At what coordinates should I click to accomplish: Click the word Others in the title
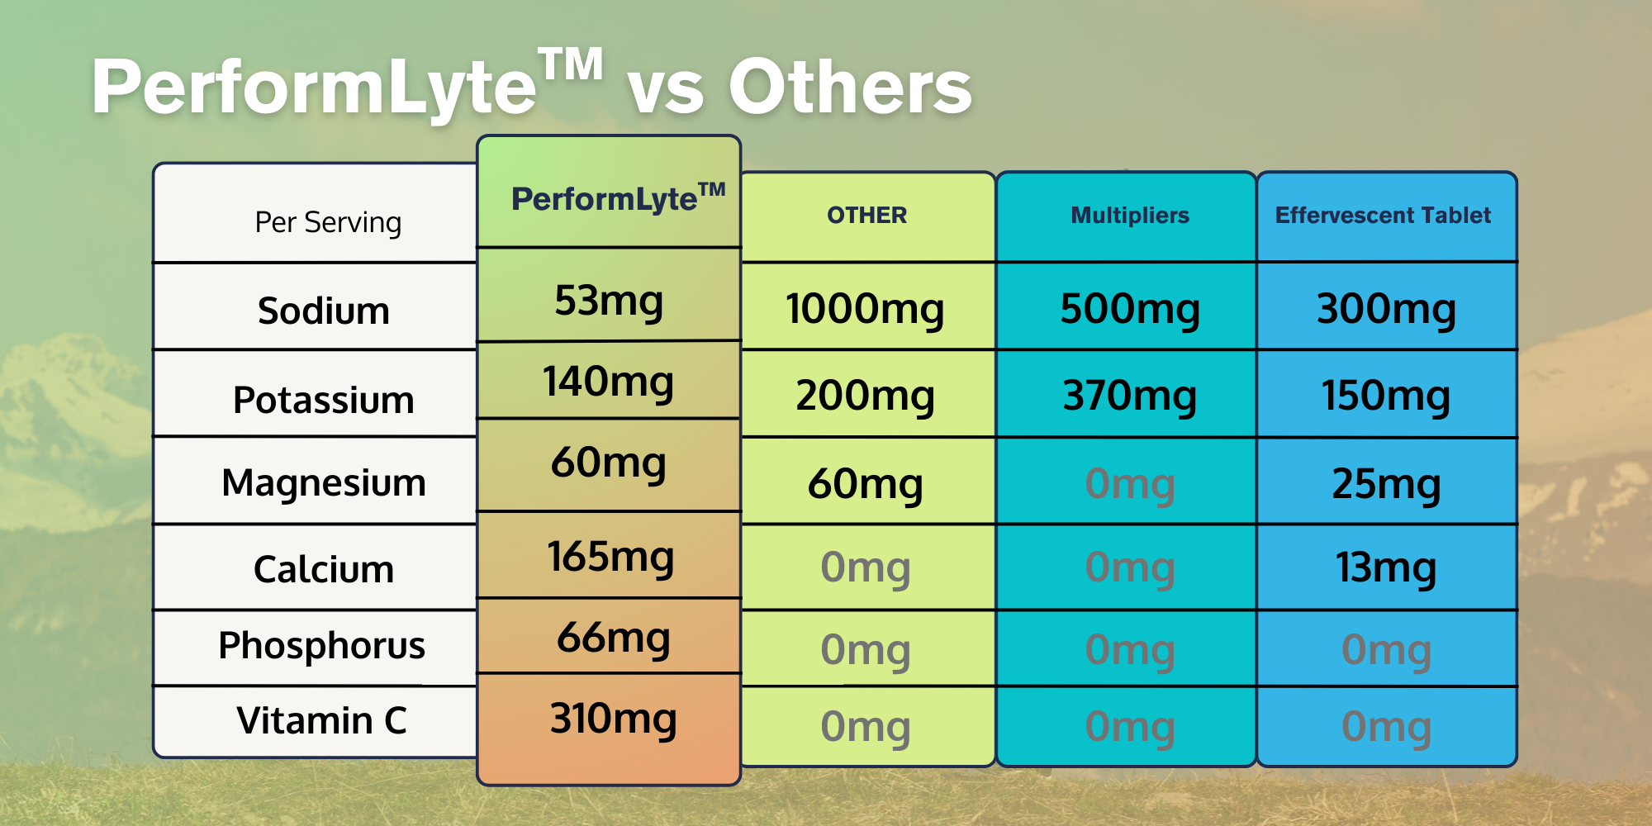pos(850,88)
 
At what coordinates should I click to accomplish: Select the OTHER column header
pos(867,216)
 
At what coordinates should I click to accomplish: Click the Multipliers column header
pos(1130,216)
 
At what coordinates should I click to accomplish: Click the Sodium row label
pos(324,311)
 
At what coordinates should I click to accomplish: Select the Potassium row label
pos(324,401)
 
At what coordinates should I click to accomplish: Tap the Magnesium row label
pos(324,483)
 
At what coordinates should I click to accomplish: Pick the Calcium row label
pos(324,570)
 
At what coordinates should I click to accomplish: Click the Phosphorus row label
pos(322,646)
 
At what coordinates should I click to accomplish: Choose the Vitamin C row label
pos(322,720)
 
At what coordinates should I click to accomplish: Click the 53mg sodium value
pos(609,301)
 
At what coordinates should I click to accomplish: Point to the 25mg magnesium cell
pos(1386,485)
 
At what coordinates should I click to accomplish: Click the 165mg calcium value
pos(610,558)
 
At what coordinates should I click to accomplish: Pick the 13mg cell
pos(1386,569)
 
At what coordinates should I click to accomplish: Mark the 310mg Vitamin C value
pos(613,719)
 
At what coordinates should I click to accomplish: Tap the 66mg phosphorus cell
pos(613,638)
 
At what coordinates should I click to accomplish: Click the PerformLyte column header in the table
pos(618,198)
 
